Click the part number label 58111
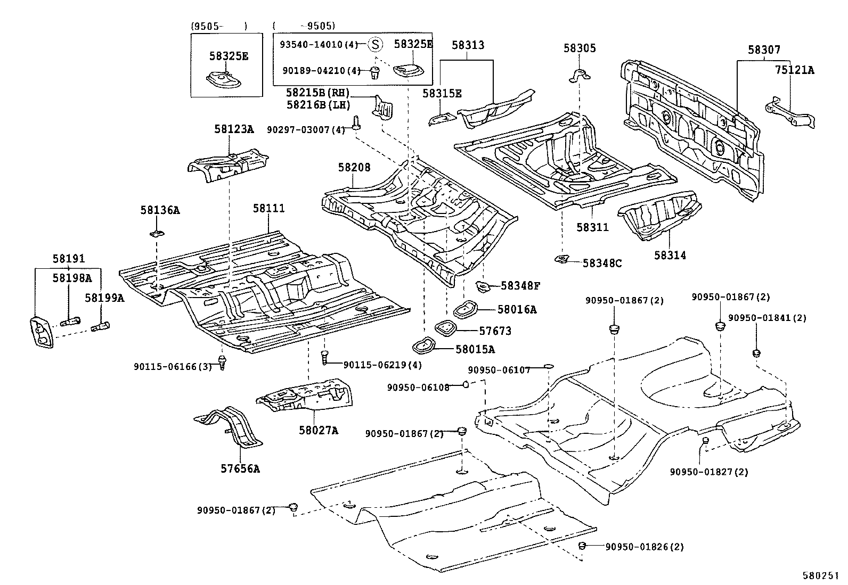tap(268, 208)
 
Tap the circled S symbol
tap(376, 44)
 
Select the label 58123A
tap(234, 129)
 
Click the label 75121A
tap(794, 69)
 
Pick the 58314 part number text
tap(670, 256)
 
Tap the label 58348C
tap(602, 263)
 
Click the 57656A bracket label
tap(240, 469)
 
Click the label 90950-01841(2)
tap(767, 318)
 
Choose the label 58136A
tap(160, 210)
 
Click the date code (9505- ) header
tap(219, 26)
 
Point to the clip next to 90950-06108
tap(465, 384)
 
